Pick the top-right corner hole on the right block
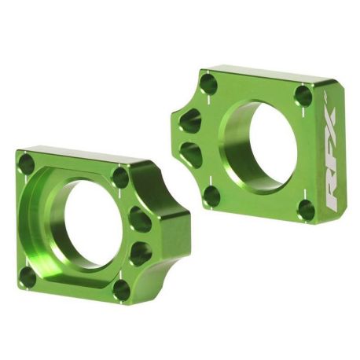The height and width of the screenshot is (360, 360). click(303, 96)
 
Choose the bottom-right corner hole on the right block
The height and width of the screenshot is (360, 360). click(307, 209)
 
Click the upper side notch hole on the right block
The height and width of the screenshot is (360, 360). click(189, 120)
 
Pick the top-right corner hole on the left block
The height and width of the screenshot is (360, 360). click(119, 177)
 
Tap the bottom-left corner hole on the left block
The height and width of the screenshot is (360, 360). click(28, 277)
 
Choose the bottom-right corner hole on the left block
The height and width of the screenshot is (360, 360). click(121, 290)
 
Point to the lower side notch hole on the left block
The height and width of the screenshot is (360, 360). click(141, 252)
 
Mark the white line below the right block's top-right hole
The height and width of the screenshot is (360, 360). click(303, 115)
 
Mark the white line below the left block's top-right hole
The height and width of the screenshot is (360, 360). click(119, 197)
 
